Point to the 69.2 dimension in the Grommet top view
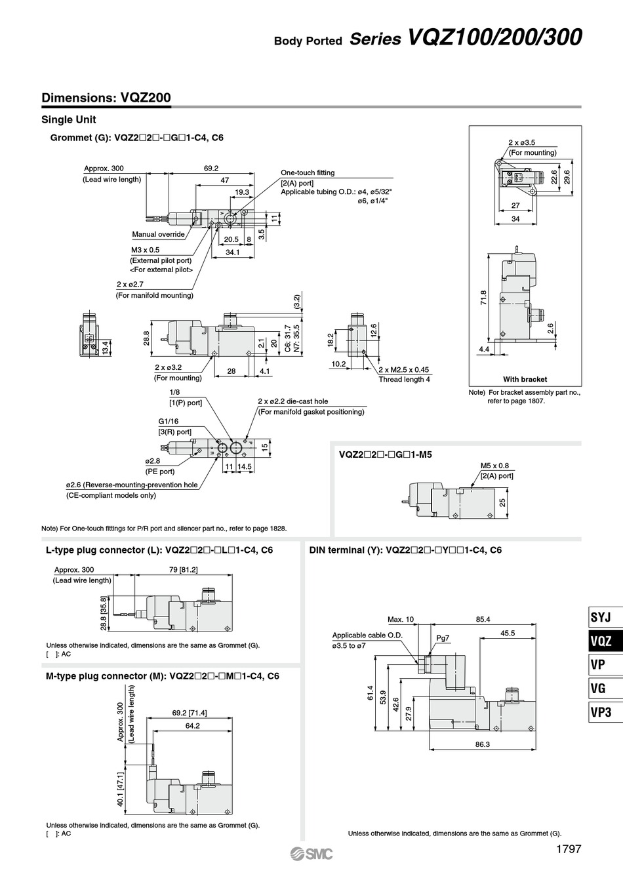point(211,168)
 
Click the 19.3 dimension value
point(242,191)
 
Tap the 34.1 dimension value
point(232,252)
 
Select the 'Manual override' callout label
point(158,234)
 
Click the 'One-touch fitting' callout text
point(308,172)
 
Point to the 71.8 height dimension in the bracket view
point(484,298)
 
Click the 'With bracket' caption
point(525,379)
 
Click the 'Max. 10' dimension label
point(401,619)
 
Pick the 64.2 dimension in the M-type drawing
point(193,726)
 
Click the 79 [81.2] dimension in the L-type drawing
point(184,569)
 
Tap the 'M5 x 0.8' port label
point(494,466)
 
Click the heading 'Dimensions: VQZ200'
point(106,98)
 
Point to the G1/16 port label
point(169,421)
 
